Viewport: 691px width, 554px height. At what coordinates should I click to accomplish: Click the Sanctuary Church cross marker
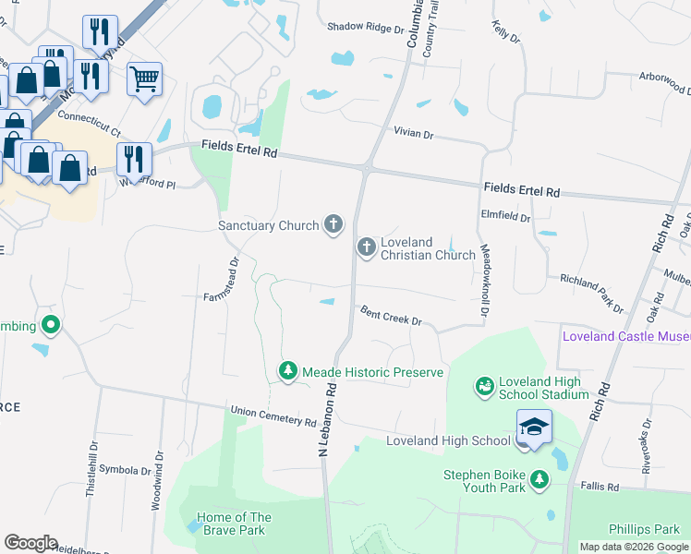coord(333,224)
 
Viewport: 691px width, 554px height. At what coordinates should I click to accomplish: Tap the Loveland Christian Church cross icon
coord(366,247)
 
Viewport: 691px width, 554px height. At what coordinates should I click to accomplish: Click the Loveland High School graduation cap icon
coord(534,428)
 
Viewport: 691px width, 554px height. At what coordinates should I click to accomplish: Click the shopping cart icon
coord(144,79)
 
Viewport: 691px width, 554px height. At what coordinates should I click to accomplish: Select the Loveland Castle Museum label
coord(626,336)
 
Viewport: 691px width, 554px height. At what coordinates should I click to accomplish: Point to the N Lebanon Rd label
coord(326,419)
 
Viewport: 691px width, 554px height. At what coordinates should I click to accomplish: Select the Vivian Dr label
coord(413,134)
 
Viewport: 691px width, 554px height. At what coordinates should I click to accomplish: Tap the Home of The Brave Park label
coord(234,524)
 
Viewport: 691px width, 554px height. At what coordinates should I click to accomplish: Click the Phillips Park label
coord(644,529)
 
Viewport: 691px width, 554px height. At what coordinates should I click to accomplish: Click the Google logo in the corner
coord(30,543)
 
